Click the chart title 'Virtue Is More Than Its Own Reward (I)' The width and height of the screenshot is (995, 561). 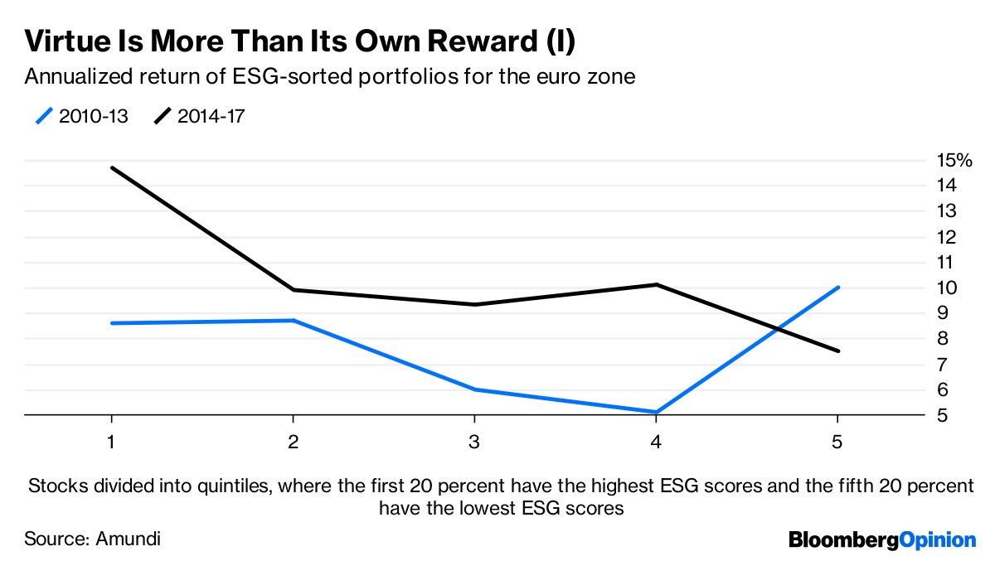tap(300, 41)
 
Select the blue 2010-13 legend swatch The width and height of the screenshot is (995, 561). tap(44, 116)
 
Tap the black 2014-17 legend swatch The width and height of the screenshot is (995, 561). tap(163, 116)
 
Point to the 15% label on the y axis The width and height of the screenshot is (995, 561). tap(954, 160)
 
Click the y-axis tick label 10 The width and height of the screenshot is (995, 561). tap(947, 288)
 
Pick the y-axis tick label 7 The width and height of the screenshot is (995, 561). tap(943, 365)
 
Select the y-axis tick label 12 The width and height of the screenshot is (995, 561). tap(947, 238)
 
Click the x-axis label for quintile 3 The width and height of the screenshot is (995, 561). tap(474, 442)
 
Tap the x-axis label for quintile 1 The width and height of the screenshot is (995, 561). tap(111, 442)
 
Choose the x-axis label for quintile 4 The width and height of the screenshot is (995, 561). tap(656, 442)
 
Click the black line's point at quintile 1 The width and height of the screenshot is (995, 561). tap(112, 167)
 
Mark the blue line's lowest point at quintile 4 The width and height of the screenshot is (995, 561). tap(656, 412)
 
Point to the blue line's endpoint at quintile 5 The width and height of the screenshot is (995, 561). tap(838, 288)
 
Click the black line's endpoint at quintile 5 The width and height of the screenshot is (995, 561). tap(838, 351)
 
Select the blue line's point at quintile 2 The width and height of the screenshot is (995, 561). tap(294, 320)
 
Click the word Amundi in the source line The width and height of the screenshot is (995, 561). tap(128, 539)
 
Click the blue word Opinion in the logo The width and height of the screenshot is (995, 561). tap(938, 540)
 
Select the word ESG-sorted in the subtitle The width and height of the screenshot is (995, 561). tap(293, 77)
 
